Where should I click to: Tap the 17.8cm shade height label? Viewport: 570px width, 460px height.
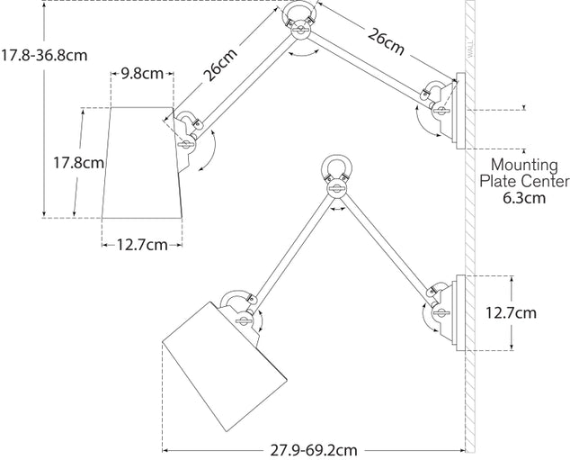click(x=77, y=163)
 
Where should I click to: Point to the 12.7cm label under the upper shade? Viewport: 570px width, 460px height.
click(x=142, y=243)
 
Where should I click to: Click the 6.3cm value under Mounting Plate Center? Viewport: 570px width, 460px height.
click(x=523, y=199)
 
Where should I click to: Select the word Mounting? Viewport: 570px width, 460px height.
click(x=524, y=166)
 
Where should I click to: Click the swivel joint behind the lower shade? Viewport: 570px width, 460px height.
click(x=241, y=311)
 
